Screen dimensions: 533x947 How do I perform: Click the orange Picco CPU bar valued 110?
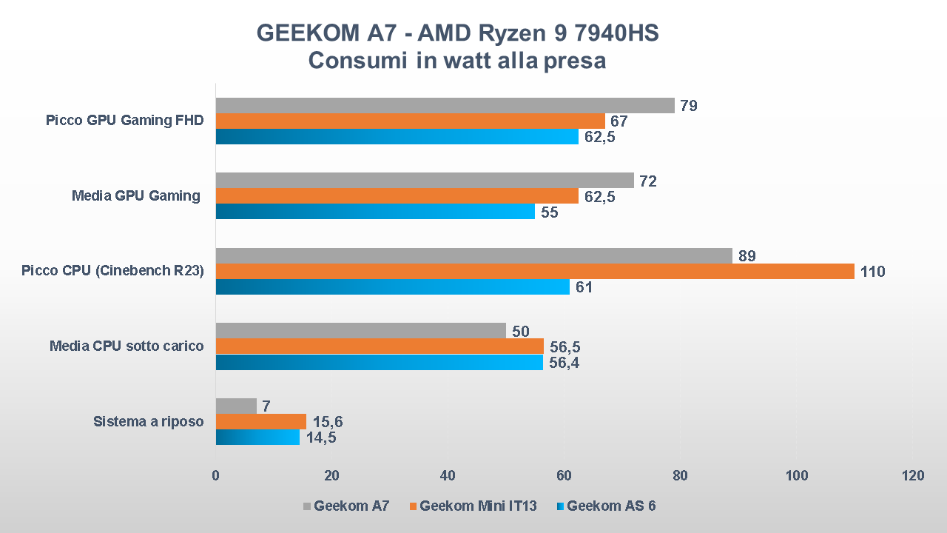click(x=534, y=271)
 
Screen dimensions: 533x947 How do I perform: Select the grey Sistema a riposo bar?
click(x=236, y=406)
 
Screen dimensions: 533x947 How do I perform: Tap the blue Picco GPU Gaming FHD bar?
click(x=397, y=136)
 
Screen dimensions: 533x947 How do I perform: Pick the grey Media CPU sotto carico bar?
click(x=360, y=330)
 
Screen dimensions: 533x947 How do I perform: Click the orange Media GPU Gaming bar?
click(x=397, y=195)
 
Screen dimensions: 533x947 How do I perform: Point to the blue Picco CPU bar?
click(x=392, y=286)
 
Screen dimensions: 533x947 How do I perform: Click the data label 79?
click(x=689, y=106)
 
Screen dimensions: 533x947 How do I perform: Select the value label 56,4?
click(x=564, y=362)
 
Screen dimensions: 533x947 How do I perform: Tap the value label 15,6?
click(x=327, y=421)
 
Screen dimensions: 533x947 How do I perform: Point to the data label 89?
click(x=747, y=255)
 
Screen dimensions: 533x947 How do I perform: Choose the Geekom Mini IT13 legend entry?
click(x=472, y=506)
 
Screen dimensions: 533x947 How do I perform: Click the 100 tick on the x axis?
click(x=797, y=476)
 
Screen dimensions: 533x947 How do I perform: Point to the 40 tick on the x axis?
click(x=448, y=476)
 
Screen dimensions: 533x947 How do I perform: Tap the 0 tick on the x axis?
click(x=215, y=476)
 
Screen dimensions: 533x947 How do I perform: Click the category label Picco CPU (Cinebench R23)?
click(x=112, y=271)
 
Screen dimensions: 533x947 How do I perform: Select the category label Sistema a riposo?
click(x=148, y=421)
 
